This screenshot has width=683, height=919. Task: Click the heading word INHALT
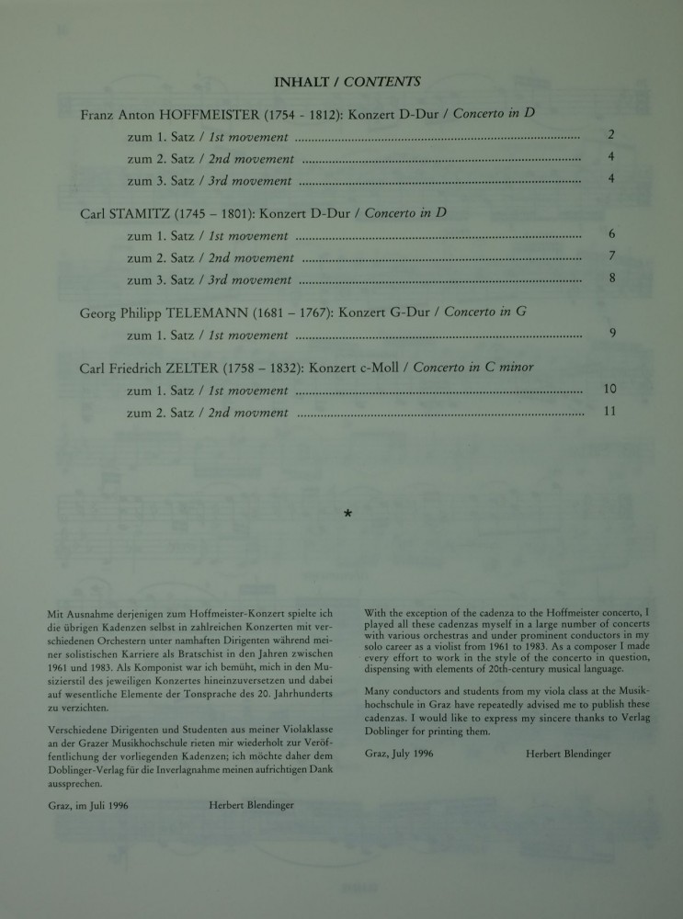coord(303,82)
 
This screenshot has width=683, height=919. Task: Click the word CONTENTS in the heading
coord(381,82)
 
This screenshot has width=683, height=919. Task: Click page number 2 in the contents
coord(611,136)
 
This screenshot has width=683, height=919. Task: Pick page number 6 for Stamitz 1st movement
coord(611,235)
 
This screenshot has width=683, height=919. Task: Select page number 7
coord(611,256)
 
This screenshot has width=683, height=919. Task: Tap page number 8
coord(611,278)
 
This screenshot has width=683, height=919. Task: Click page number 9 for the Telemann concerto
coord(612,334)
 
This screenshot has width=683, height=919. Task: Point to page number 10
coord(609,390)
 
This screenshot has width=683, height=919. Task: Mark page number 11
coord(609,412)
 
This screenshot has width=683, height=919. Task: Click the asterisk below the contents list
coord(347,516)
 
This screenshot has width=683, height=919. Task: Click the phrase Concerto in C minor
coord(473,369)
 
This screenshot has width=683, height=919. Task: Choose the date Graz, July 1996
coord(398,754)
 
